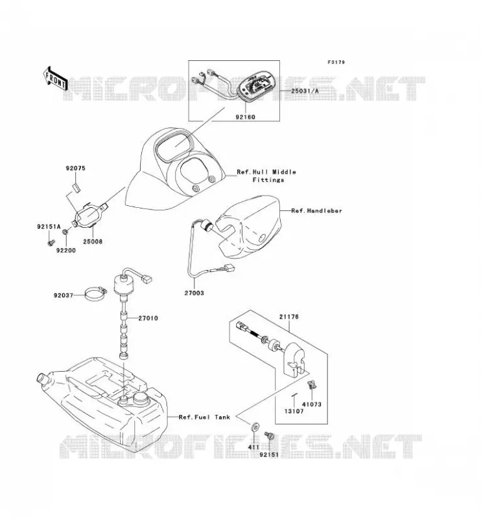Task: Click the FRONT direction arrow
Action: click(x=55, y=79)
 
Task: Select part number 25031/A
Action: click(x=305, y=91)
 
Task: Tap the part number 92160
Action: click(x=246, y=117)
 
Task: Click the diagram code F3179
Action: click(x=336, y=62)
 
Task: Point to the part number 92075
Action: click(x=75, y=168)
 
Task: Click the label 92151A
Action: click(x=49, y=227)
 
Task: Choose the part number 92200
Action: click(x=66, y=251)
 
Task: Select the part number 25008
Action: click(x=93, y=242)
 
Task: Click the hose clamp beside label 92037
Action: click(x=95, y=295)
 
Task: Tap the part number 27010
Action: click(x=148, y=318)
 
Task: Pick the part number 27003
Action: click(x=194, y=293)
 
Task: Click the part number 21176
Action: click(x=289, y=317)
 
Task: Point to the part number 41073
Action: click(x=312, y=404)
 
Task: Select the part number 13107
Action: click(x=294, y=411)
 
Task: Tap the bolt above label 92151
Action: click(x=268, y=436)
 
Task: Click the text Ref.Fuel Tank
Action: click(x=204, y=417)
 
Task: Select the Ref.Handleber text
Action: click(x=316, y=211)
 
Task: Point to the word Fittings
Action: click(x=268, y=180)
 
